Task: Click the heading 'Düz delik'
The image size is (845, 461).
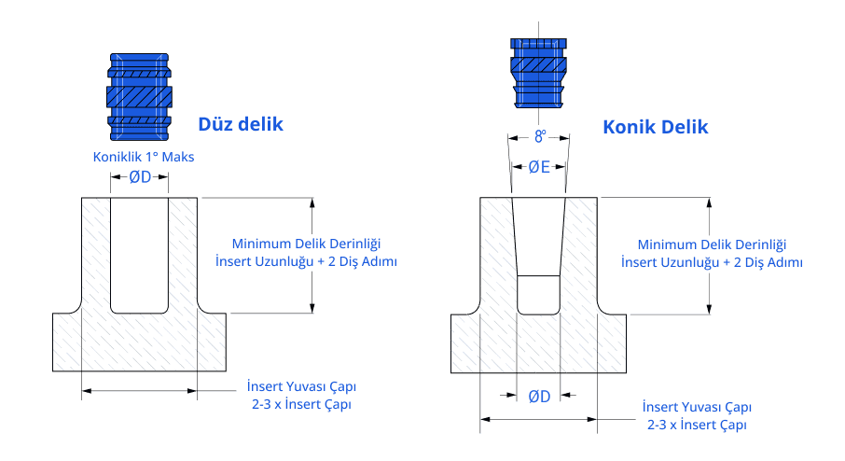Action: tap(240, 123)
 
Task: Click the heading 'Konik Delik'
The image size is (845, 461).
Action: tap(656, 126)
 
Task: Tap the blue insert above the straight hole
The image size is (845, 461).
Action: tap(140, 95)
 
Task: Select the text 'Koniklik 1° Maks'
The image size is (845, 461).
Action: tap(143, 157)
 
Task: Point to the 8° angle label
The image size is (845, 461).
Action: tap(539, 137)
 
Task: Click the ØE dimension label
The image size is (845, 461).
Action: tap(539, 168)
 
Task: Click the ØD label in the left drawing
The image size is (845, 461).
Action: tap(139, 176)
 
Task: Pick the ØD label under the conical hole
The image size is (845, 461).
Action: tap(539, 396)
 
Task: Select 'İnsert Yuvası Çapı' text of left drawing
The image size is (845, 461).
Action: tap(302, 386)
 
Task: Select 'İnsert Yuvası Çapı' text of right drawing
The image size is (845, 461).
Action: tap(698, 407)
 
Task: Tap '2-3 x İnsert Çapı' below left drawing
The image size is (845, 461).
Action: tap(302, 404)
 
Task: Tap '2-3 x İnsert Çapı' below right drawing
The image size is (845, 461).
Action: tap(698, 425)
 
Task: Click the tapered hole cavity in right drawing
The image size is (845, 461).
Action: tap(538, 252)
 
